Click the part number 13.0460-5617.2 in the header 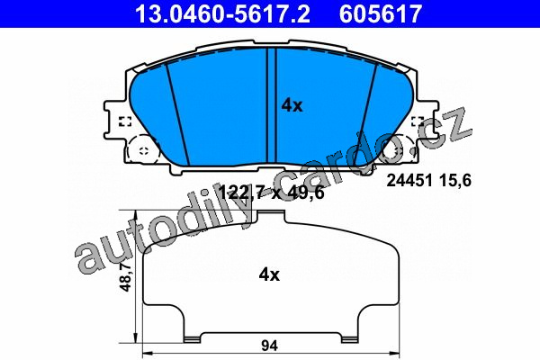[x=223, y=13]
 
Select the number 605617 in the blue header [x=381, y=13]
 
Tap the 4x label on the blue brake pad [x=292, y=105]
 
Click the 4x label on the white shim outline [x=269, y=274]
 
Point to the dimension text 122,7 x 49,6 [x=272, y=193]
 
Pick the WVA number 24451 [x=409, y=181]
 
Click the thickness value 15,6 [x=454, y=181]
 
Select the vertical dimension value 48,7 [x=126, y=276]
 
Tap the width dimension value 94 [x=269, y=346]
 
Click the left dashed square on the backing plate [x=125, y=121]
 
